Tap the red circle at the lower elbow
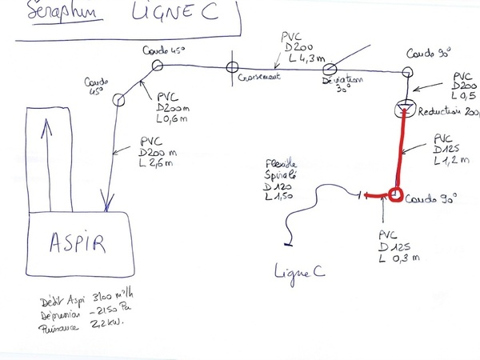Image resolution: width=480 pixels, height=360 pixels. click(x=394, y=194)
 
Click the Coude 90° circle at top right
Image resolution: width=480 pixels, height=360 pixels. click(x=408, y=73)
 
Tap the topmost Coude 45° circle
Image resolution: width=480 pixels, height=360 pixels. click(x=157, y=65)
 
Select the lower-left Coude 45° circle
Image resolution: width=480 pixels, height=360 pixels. click(x=119, y=100)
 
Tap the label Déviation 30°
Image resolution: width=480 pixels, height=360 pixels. click(x=341, y=85)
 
